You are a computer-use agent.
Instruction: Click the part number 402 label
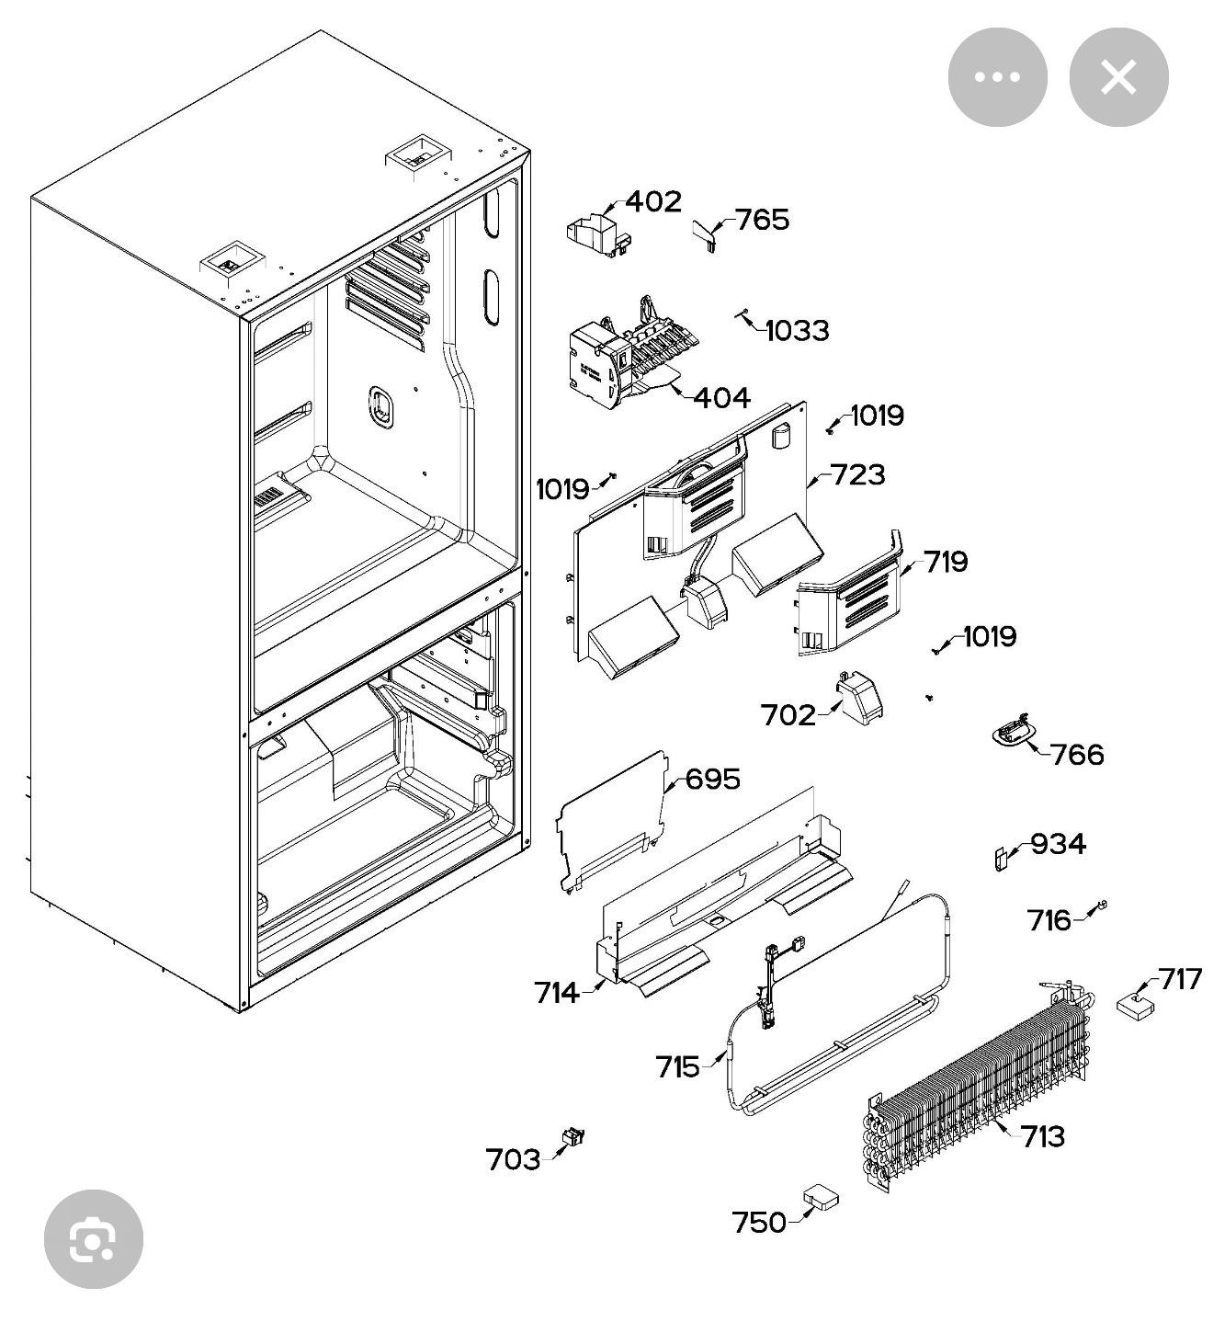tap(653, 202)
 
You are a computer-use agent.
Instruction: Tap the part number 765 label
tap(762, 221)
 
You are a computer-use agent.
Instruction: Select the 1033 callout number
tap(797, 331)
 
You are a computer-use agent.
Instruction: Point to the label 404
tap(721, 398)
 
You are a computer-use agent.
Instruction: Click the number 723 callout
tap(858, 475)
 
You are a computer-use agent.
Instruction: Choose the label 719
tap(946, 562)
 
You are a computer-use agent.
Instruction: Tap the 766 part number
tap(1077, 755)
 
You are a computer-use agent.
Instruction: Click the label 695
tap(713, 780)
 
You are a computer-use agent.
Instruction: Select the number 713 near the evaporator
tap(1043, 1137)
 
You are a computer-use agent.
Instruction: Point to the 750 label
tap(759, 1223)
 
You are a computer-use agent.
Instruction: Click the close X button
tap(1118, 77)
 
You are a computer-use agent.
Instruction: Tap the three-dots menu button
tap(997, 77)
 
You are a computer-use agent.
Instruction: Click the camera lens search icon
tap(94, 1239)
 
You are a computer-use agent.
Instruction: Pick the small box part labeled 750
tap(821, 1196)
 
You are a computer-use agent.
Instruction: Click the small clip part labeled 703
tap(573, 1137)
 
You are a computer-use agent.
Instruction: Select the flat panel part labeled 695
tap(611, 818)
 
